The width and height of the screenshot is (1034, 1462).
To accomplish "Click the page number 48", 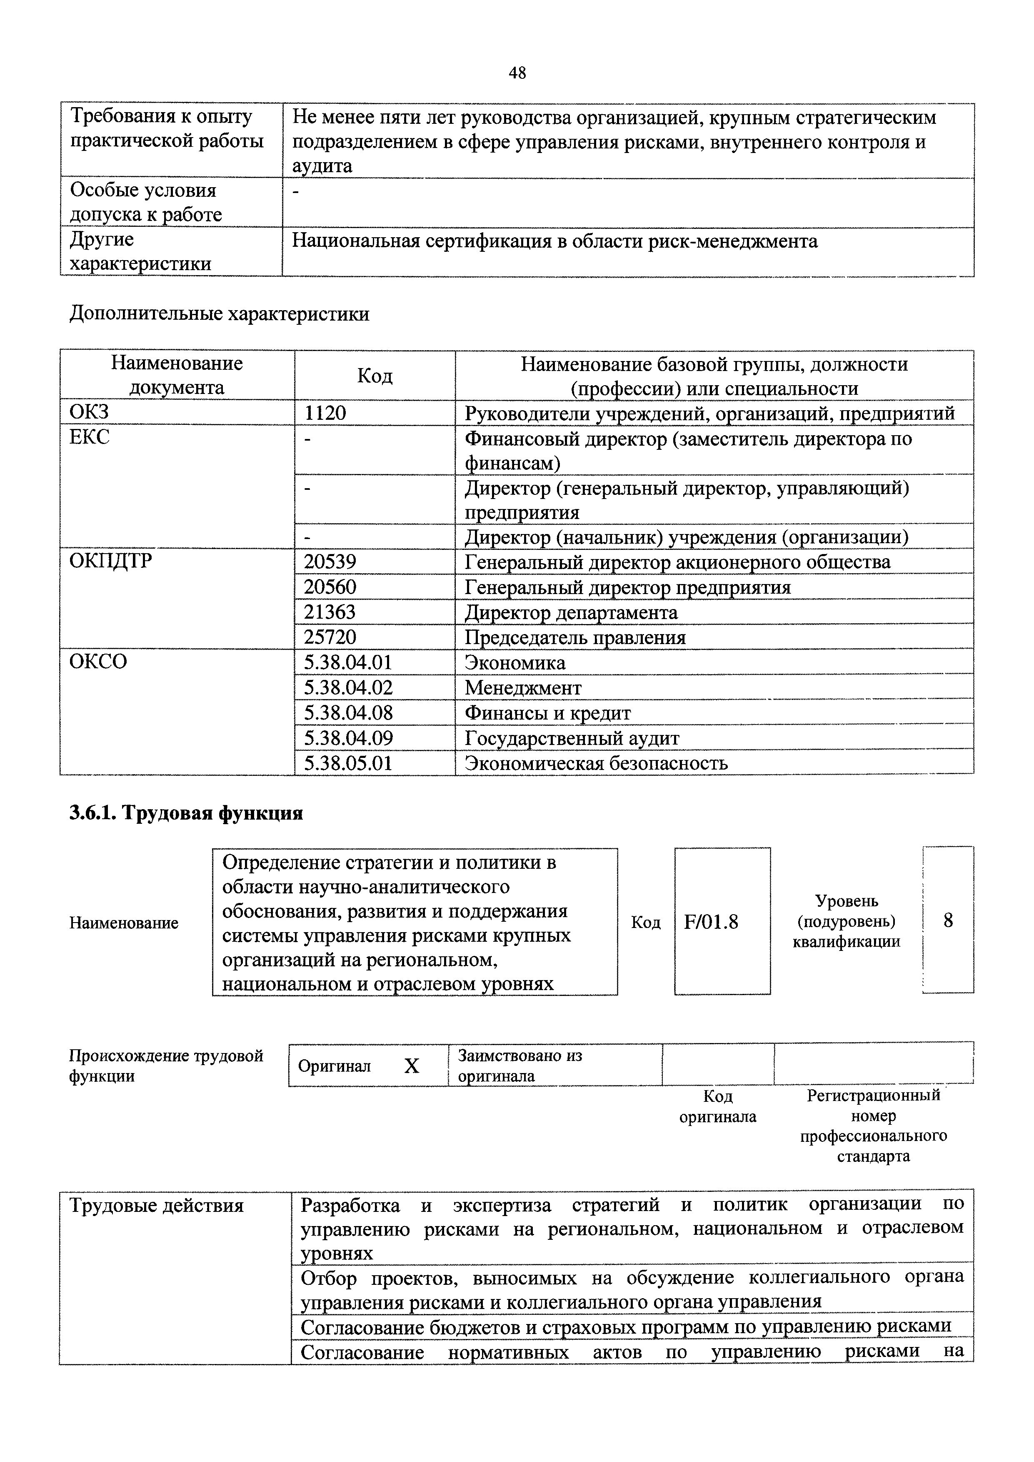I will tap(517, 73).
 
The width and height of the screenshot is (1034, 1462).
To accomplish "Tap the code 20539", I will tap(330, 562).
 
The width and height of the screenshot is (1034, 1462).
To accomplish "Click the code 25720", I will tap(330, 637).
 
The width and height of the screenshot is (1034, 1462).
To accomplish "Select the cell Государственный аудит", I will tap(572, 738).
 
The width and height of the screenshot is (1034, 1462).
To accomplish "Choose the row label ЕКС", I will tap(89, 437).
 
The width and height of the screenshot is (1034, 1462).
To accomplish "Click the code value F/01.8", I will tap(711, 922).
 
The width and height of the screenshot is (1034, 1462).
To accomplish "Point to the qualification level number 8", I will tap(948, 920).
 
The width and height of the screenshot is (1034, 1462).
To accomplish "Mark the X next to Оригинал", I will tap(412, 1066).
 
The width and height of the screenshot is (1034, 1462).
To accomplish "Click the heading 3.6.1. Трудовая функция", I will tap(186, 813).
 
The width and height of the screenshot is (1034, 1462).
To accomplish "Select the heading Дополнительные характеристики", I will tap(219, 314).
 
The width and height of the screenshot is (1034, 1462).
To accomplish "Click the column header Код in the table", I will tap(375, 376).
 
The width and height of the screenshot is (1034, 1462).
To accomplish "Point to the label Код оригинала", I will tap(717, 1106).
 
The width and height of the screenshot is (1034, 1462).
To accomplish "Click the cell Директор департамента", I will tap(571, 613).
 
